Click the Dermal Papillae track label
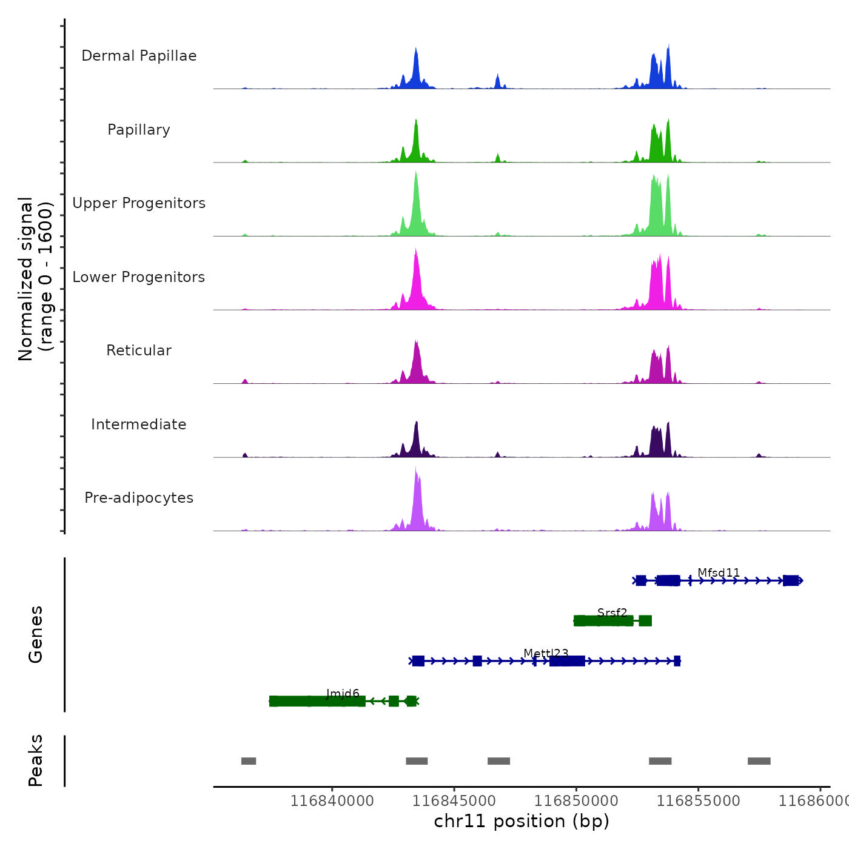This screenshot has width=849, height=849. pos(139,56)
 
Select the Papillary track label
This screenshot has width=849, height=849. pos(139,130)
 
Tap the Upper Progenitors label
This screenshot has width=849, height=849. pos(139,203)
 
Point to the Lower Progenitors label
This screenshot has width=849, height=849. pos(139,277)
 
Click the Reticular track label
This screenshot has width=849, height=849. pos(139,351)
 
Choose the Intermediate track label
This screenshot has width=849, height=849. pos(139,424)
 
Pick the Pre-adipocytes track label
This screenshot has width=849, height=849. pos(139,498)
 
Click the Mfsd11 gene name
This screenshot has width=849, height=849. pos(719,572)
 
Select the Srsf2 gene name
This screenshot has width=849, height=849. pos(612,612)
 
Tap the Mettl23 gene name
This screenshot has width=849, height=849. pos(546,653)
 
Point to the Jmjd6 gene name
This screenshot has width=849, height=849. pos(343,693)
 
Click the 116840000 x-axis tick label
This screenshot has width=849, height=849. pos(332,801)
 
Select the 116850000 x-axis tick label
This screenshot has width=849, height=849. pos(576,801)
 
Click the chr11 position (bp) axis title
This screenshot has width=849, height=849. pos(522,821)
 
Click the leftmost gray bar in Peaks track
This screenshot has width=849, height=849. pos(249,761)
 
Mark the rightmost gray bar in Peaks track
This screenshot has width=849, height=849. pos(759,761)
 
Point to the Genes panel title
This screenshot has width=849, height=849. pos(36,634)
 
